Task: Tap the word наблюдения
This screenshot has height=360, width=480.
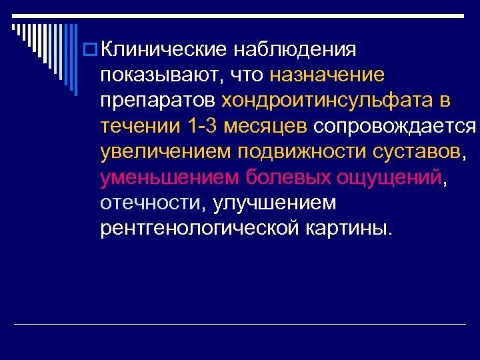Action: pyautogui.click(x=297, y=49)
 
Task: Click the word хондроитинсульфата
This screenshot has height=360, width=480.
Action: pyautogui.click(x=327, y=101)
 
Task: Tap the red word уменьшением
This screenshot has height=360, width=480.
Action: pyautogui.click(x=169, y=178)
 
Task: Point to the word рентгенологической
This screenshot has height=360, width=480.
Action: pyautogui.click(x=201, y=229)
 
